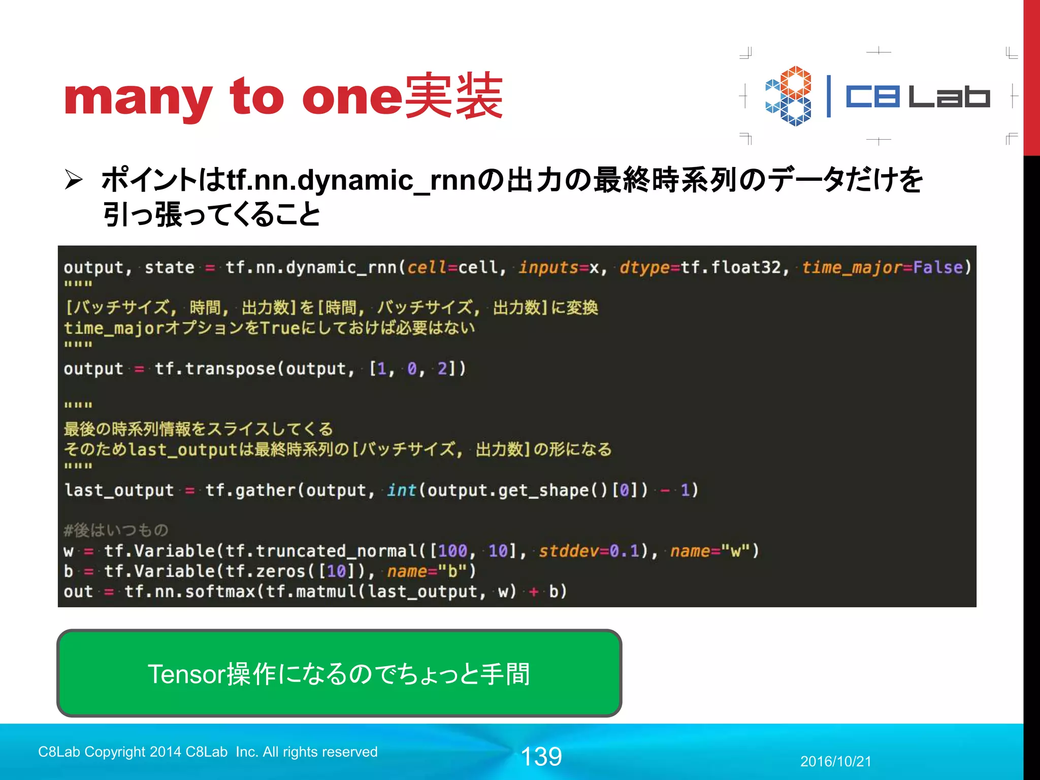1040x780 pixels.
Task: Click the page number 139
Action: pyautogui.click(x=541, y=756)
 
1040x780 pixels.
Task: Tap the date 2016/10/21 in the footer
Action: pyautogui.click(x=835, y=761)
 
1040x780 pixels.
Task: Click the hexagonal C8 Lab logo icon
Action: pyautogui.click(x=788, y=96)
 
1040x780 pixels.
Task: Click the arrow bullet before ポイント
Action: pyautogui.click(x=74, y=180)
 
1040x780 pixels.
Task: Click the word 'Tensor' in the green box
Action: pyautogui.click(x=186, y=674)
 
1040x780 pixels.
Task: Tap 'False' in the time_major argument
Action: pyautogui.click(x=937, y=267)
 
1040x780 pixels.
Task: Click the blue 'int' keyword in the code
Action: pyautogui.click(x=401, y=490)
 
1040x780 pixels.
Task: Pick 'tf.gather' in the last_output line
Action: pyautogui.click(x=250, y=490)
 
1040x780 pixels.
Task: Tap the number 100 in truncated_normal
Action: pyautogui.click(x=452, y=551)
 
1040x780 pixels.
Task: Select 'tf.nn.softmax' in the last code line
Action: pyautogui.click(x=189, y=592)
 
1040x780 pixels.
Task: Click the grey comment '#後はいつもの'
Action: pyautogui.click(x=116, y=531)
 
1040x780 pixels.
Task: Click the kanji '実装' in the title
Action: pyautogui.click(x=454, y=96)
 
